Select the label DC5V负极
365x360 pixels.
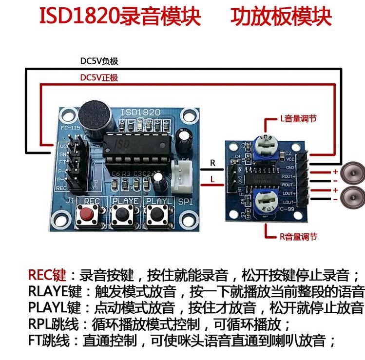(99, 62)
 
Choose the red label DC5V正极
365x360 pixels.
(99, 78)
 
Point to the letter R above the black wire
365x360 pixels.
(212, 163)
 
